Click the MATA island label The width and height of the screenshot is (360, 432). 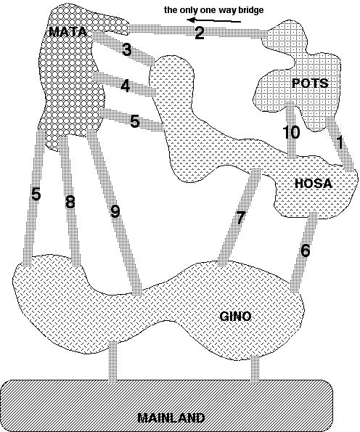click(x=67, y=32)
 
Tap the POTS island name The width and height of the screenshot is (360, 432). click(x=310, y=83)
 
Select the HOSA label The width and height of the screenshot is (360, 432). click(x=314, y=184)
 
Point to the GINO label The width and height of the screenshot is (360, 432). click(x=235, y=316)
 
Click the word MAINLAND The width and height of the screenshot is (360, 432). click(x=171, y=418)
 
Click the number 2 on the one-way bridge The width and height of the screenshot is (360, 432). click(x=200, y=33)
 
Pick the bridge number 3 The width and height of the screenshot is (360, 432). click(x=126, y=50)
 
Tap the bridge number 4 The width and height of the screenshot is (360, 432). click(x=126, y=86)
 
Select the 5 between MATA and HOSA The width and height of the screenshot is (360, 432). click(x=135, y=121)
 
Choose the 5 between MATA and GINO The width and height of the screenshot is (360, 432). click(x=36, y=194)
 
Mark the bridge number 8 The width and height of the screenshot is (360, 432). click(x=70, y=202)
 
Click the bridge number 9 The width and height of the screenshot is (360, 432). click(x=115, y=211)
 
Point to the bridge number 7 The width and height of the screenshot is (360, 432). click(x=240, y=217)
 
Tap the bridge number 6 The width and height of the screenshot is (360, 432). click(x=305, y=250)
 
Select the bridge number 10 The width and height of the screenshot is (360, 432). click(x=292, y=132)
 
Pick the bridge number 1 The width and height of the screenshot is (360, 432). click(x=340, y=142)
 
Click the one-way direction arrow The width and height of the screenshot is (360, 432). click(x=213, y=20)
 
